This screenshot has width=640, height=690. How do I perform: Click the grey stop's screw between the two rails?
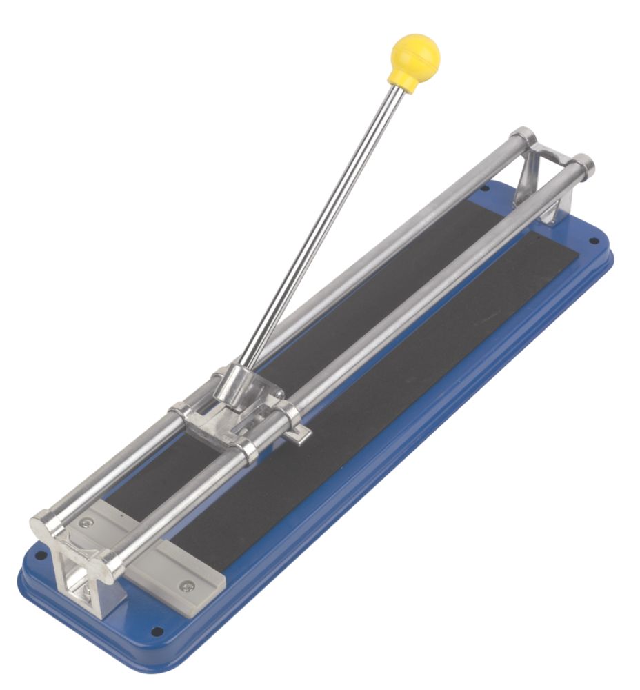click(87, 524)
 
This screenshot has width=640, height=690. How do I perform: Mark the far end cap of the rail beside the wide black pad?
click(583, 165)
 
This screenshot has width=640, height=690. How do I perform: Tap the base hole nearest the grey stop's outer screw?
click(156, 631)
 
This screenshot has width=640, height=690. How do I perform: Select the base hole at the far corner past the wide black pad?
click(592, 240)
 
